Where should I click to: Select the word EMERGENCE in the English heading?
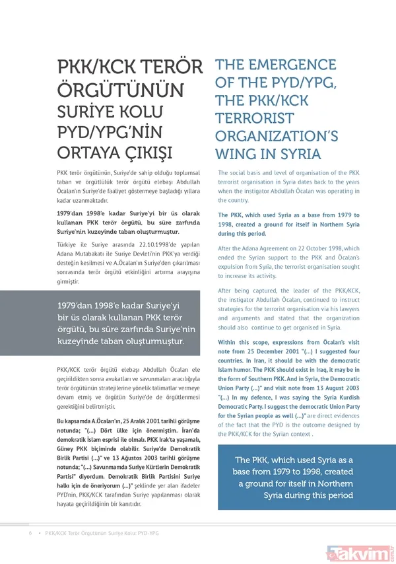(x=293, y=65)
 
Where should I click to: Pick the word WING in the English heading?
(x=240, y=155)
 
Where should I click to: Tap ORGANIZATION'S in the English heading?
(x=277, y=137)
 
